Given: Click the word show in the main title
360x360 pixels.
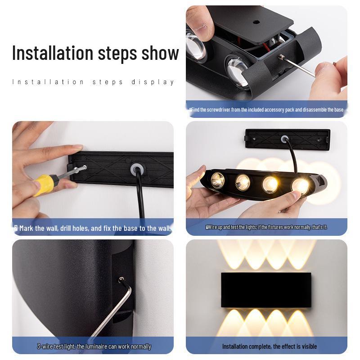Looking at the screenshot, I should click(160, 53).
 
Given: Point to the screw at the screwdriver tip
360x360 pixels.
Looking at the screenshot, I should click(82, 168).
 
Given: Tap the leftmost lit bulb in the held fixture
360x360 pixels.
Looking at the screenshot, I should click(218, 180).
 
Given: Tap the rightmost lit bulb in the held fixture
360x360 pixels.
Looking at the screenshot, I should click(299, 185).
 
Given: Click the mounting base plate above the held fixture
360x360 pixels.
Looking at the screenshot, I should click(288, 139).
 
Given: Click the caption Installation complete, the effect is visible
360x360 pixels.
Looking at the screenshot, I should click(269, 346).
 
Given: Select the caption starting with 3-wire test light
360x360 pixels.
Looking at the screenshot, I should click(94, 346).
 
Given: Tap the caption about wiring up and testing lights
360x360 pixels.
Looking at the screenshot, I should click(266, 227).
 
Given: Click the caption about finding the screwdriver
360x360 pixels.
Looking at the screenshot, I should click(266, 109).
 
